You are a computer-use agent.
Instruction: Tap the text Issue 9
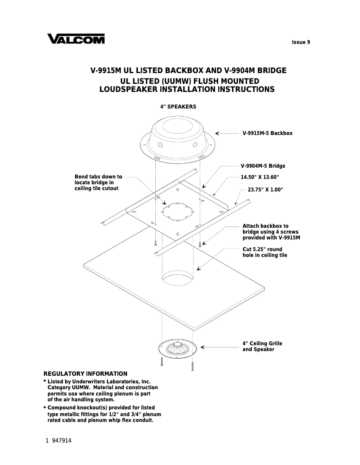301,43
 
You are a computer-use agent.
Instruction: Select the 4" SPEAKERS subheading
178,107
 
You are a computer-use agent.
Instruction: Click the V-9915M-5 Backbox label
267,133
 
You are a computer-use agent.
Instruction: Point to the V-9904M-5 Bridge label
263,166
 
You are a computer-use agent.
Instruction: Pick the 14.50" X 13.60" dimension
260,177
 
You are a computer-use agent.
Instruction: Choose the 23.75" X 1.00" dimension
265,190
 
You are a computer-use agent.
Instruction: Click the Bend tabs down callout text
98,183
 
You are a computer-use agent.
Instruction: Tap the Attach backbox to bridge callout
271,231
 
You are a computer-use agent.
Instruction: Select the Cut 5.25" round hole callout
264,252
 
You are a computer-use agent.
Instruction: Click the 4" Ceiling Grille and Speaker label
262,346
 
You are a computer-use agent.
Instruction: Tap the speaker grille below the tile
178,348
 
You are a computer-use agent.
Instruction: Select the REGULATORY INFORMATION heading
85,374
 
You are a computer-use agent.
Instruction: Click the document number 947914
61,441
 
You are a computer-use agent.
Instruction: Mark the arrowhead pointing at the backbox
217,133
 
